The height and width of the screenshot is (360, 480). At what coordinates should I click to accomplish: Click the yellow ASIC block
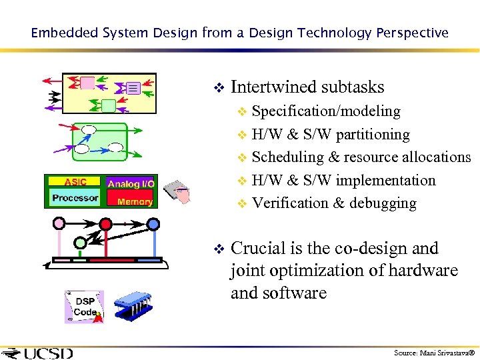pyautogui.click(x=75, y=181)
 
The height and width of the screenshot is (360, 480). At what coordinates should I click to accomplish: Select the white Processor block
pyautogui.click(x=75, y=197)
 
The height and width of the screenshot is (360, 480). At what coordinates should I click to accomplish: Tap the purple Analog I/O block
pyautogui.click(x=131, y=183)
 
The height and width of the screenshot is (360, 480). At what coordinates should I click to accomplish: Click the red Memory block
pyautogui.click(x=134, y=201)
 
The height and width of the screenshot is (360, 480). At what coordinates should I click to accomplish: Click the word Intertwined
pyautogui.click(x=273, y=87)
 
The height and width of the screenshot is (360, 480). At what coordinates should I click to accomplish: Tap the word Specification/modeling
pyautogui.click(x=326, y=111)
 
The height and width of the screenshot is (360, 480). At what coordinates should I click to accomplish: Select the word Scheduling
pyautogui.click(x=287, y=157)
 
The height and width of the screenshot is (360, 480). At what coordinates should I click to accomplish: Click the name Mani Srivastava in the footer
pyautogui.click(x=443, y=353)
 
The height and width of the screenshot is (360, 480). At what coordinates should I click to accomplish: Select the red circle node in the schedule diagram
pyautogui.click(x=105, y=222)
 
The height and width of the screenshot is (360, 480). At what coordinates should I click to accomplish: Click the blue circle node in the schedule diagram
pyautogui.click(x=153, y=223)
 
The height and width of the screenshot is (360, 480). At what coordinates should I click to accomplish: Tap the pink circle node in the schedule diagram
pyautogui.click(x=59, y=222)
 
